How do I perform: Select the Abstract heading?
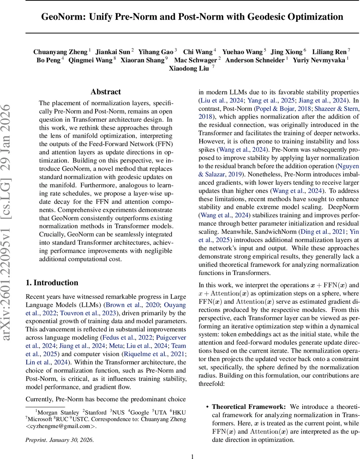105,92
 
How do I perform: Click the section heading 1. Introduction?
52,283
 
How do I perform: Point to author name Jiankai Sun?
112,51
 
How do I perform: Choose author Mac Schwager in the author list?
196,60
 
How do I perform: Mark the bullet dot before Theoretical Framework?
207,407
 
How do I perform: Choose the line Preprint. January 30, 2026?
59,440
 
